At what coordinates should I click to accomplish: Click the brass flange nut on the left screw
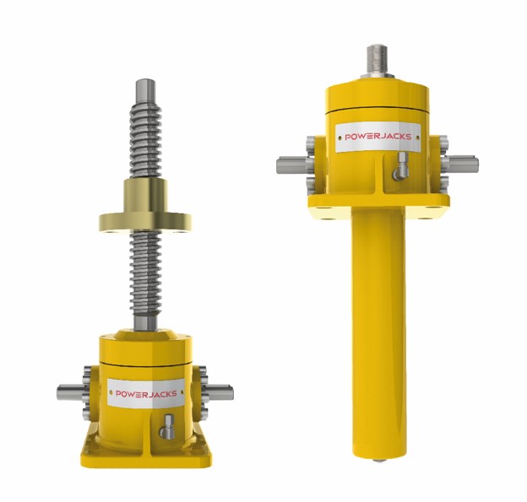pos(144,218)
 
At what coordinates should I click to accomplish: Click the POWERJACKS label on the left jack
pos(144,393)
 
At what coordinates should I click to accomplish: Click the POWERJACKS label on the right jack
pos(378,138)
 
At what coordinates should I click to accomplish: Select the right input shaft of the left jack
pos(220,390)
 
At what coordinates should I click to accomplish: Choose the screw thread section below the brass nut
pos(145,278)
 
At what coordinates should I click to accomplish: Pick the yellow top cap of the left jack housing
pos(144,345)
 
